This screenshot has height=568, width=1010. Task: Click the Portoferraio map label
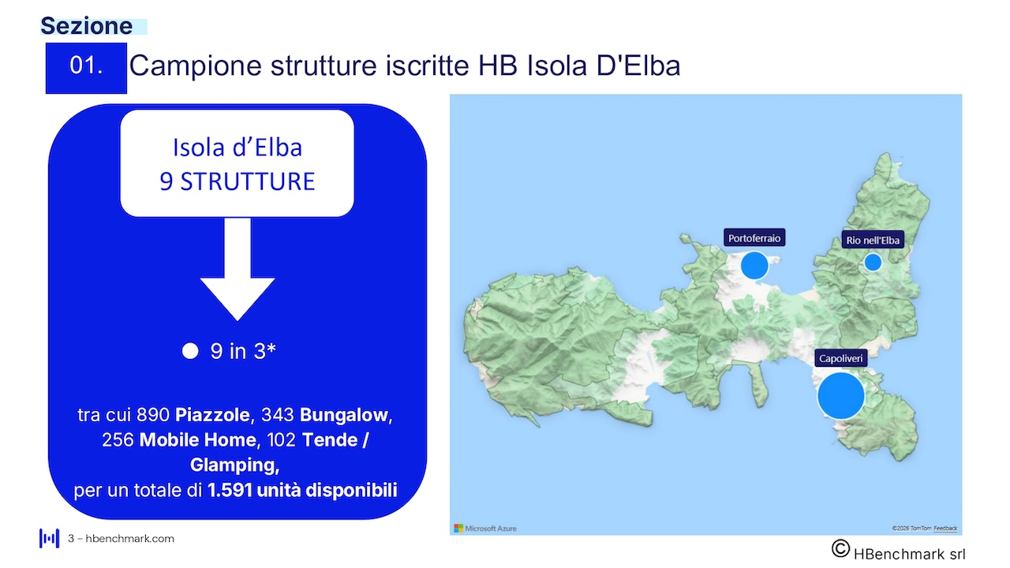754,237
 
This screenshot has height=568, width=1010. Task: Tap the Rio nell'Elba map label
873,240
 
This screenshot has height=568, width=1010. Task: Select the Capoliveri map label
841,358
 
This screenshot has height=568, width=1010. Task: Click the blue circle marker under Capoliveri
841,395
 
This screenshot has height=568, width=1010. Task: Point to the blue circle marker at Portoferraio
754,266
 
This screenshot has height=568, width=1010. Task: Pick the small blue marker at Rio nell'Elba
873,262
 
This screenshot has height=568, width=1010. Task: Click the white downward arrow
238,269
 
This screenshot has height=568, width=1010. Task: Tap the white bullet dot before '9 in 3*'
190,351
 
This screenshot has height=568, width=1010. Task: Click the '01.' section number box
86,68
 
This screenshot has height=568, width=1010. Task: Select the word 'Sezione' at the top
87,26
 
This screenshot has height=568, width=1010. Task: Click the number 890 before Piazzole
153,415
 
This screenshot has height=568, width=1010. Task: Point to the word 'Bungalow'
343,415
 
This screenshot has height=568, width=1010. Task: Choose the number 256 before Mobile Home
118,439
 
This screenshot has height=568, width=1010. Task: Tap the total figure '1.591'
230,490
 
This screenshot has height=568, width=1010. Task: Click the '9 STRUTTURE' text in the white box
238,181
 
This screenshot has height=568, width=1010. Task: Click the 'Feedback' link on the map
945,529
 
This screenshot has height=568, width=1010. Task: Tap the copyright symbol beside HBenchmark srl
840,548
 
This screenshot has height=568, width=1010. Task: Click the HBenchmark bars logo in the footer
49,538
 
